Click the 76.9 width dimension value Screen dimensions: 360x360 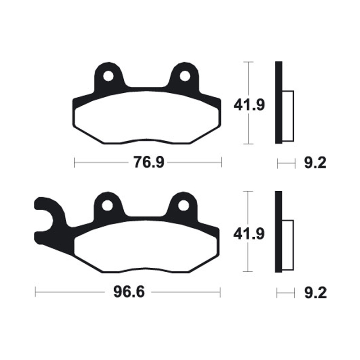point(148,162)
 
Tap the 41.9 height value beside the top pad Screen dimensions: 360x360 point(249,105)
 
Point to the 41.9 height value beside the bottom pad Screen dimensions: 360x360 point(249,234)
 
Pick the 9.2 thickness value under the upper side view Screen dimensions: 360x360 point(315,163)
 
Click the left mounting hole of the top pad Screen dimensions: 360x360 point(108,76)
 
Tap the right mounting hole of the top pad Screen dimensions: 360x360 point(185,76)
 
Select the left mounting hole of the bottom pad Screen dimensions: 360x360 point(107,206)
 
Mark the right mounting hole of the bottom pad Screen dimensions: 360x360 point(183,206)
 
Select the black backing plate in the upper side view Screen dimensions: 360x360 point(279,103)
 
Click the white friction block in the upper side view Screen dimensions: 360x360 point(288,115)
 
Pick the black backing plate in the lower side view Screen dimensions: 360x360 point(279,232)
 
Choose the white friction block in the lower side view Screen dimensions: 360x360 point(288,245)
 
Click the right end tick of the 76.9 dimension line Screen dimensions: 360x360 point(221,162)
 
